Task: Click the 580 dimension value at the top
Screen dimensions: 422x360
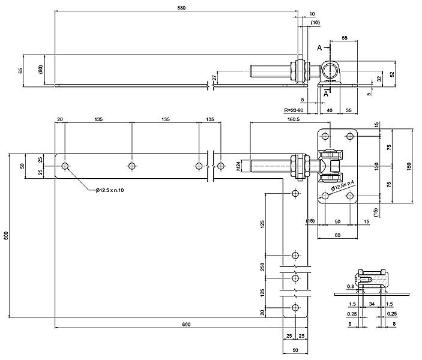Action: (x=181, y=8)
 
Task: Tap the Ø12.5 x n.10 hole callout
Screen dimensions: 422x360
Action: (x=109, y=190)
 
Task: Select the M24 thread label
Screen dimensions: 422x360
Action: (x=238, y=166)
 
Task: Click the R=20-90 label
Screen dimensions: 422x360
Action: (x=294, y=110)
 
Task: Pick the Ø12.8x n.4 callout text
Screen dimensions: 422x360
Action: (x=342, y=186)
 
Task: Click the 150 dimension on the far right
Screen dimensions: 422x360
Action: (x=409, y=166)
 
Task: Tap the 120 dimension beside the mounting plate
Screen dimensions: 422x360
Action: (x=376, y=166)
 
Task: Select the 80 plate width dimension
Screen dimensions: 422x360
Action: (x=337, y=235)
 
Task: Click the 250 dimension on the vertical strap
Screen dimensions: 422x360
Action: (x=263, y=266)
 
